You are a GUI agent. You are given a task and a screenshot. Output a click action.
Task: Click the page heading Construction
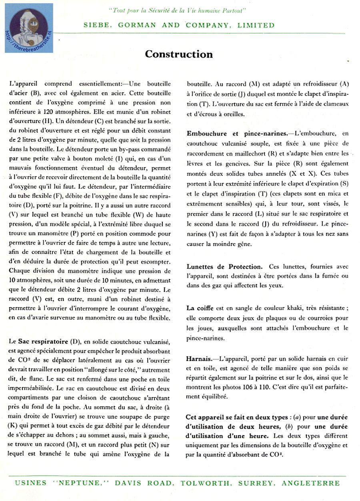(179, 54)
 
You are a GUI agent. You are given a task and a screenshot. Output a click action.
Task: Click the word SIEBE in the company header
(95, 25)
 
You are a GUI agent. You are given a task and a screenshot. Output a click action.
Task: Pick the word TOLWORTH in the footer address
(202, 483)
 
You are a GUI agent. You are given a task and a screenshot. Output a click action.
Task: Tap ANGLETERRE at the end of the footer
(311, 483)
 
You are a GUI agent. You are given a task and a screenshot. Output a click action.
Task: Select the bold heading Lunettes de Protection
(224, 266)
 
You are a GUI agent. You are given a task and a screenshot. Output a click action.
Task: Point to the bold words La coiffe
(196, 308)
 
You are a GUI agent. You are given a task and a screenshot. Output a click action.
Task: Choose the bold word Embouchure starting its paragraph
(207, 133)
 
